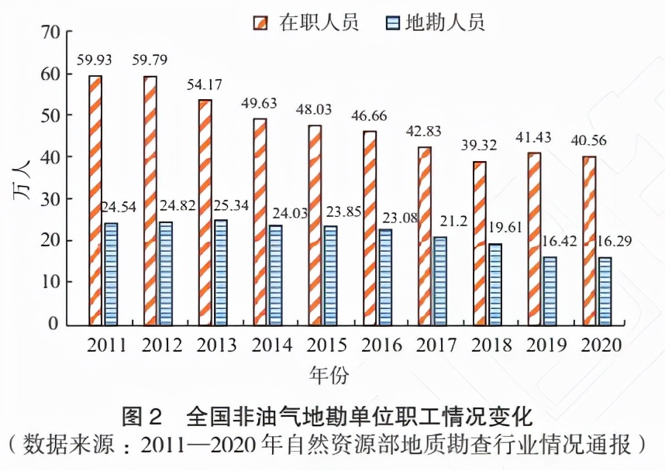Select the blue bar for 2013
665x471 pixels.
click(x=221, y=272)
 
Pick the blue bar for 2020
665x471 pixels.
click(x=605, y=291)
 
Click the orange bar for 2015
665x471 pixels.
click(x=314, y=225)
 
